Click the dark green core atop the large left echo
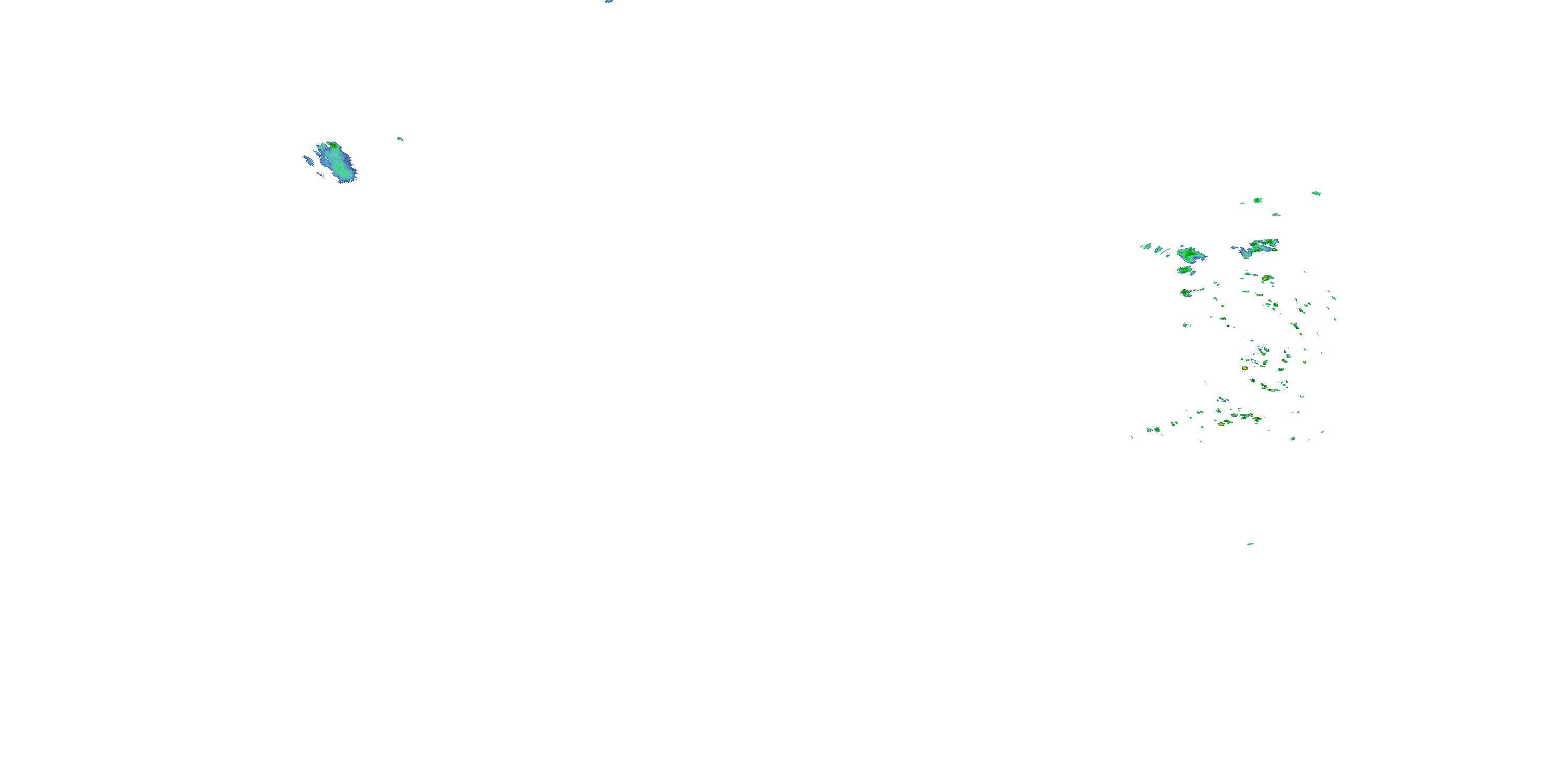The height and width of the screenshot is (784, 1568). pyautogui.click(x=332, y=145)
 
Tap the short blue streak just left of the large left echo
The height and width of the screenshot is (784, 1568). pyautogui.click(x=308, y=160)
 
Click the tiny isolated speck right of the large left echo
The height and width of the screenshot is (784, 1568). pyautogui.click(x=400, y=139)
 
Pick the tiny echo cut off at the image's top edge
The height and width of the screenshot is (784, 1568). pyautogui.click(x=608, y=1)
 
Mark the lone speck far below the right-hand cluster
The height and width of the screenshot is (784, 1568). pyautogui.click(x=1250, y=544)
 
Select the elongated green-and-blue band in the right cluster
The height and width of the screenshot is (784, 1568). pyautogui.click(x=1259, y=247)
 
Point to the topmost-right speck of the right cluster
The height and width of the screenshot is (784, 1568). pyautogui.click(x=1316, y=193)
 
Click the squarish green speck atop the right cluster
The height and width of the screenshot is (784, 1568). pyautogui.click(x=1258, y=200)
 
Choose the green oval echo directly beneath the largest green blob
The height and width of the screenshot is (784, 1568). pyautogui.click(x=1184, y=270)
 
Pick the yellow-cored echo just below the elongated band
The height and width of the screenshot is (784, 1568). pyautogui.click(x=1267, y=278)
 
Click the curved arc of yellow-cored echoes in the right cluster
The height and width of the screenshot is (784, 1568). pyautogui.click(x=1269, y=388)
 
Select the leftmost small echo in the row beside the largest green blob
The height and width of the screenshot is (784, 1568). pyautogui.click(x=1146, y=247)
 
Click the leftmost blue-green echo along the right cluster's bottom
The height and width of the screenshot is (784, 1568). pyautogui.click(x=1149, y=430)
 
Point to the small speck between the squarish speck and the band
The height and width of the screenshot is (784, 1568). pyautogui.click(x=1276, y=214)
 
